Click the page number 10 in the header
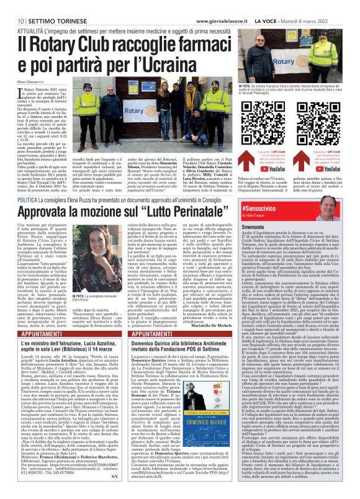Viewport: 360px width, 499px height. pyautogui.click(x=12, y=4)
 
